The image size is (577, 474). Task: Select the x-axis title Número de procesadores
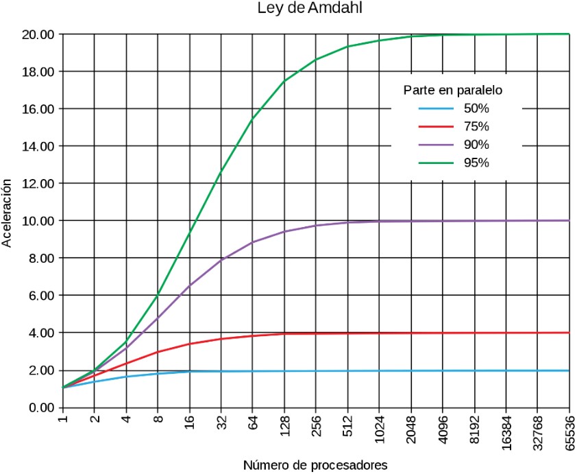(315, 464)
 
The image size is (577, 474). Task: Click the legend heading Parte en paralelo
(454, 90)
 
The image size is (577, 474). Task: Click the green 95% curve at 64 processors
(252, 119)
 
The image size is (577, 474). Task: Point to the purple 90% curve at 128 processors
(284, 231)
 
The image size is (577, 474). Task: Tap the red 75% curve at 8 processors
(158, 352)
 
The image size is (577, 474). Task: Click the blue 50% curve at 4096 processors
(443, 371)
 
